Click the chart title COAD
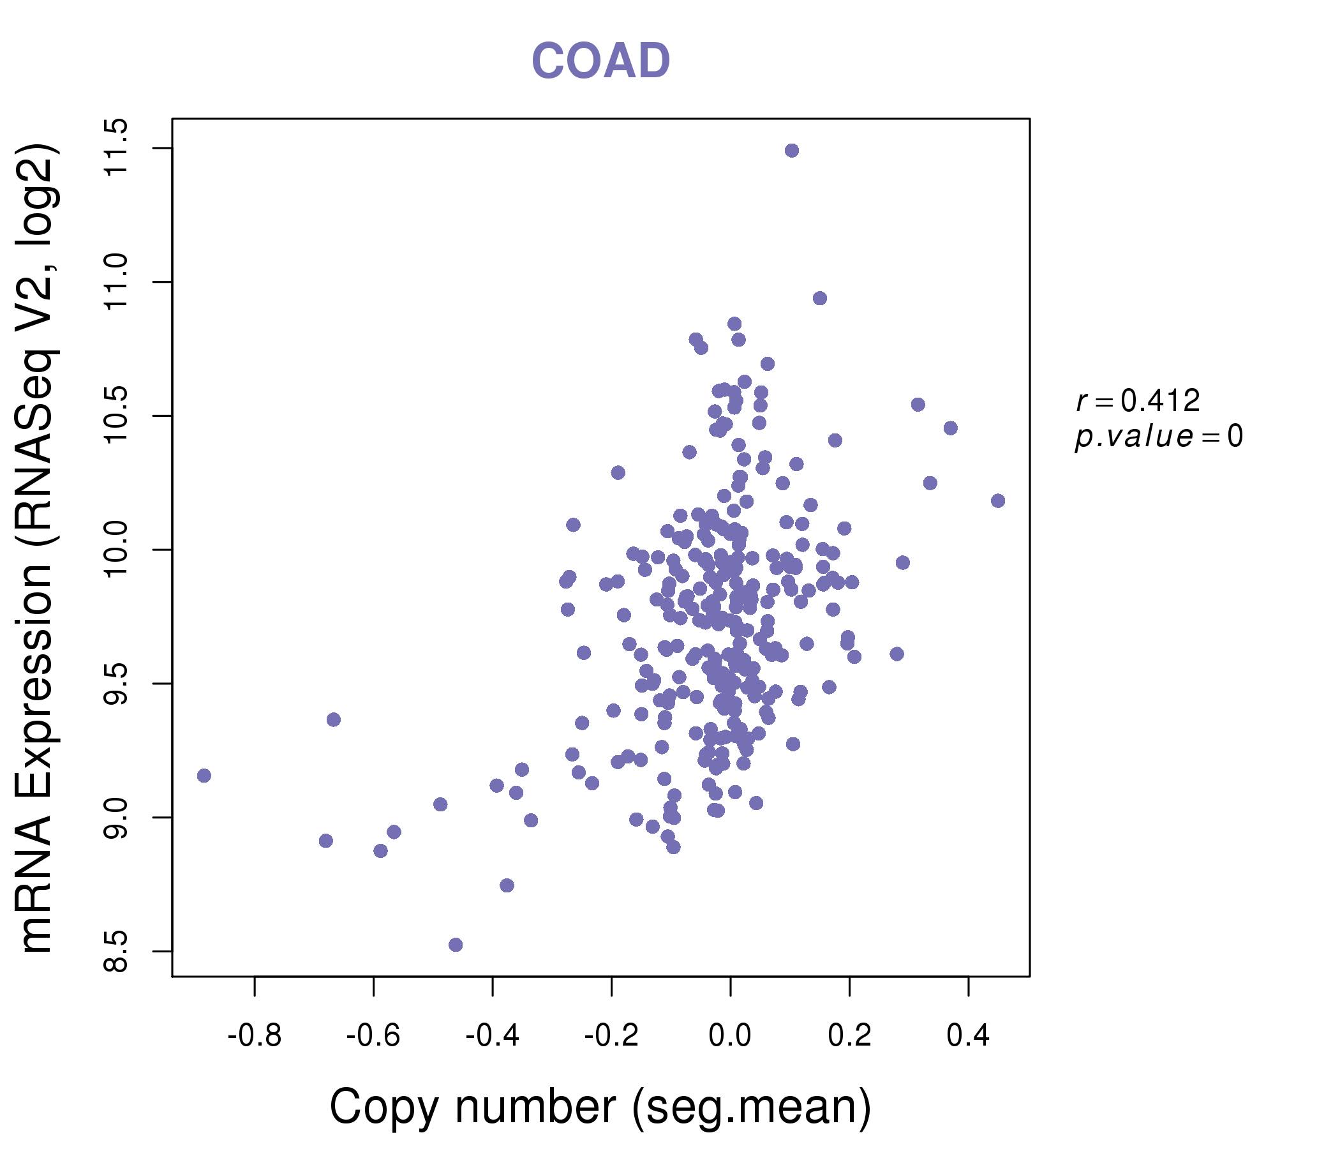click(x=600, y=61)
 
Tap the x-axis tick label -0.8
click(x=254, y=1037)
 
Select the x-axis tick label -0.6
click(x=373, y=1037)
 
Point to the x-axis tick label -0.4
click(x=492, y=1037)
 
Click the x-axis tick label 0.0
click(x=730, y=1037)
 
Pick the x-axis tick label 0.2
click(x=849, y=1037)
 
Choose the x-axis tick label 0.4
click(x=968, y=1037)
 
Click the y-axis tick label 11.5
click(x=116, y=148)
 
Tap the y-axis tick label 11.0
click(x=116, y=282)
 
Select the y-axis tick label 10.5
click(x=116, y=416)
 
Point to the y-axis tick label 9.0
click(x=116, y=818)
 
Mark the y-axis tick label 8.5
click(x=116, y=951)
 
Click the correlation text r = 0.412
click(x=1138, y=401)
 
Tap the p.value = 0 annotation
click(x=1158, y=437)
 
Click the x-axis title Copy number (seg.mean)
click(x=600, y=1107)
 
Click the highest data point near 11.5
click(x=792, y=151)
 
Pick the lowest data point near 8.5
click(x=456, y=945)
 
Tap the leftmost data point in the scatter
click(x=204, y=776)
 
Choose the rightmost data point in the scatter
click(x=998, y=500)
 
